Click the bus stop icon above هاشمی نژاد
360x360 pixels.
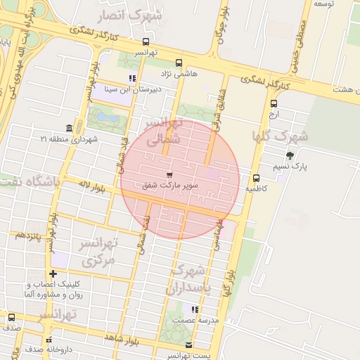tap(179, 62)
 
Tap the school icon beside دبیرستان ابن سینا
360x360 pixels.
tap(131, 78)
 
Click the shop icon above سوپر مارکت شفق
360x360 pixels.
tap(169, 174)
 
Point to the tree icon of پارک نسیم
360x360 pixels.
tap(290, 155)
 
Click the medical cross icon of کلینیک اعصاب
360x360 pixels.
tap(53, 274)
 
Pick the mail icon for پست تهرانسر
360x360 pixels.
tap(188, 345)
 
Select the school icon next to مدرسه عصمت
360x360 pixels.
tap(195, 309)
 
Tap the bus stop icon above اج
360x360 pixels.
tap(274, 103)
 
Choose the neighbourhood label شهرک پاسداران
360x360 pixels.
tap(189, 279)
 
